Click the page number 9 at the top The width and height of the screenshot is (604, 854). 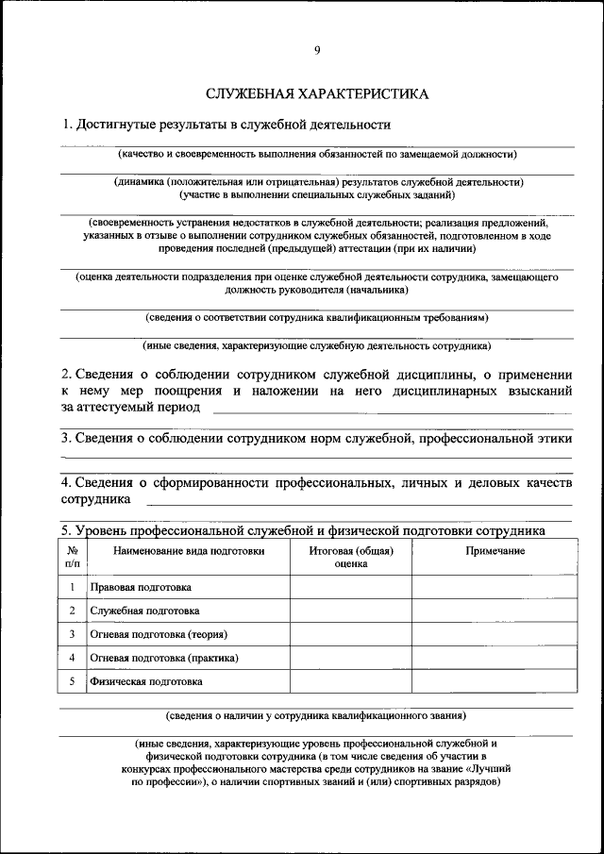[x=316, y=52]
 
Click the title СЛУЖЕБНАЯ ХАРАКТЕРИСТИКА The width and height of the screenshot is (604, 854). [x=316, y=94]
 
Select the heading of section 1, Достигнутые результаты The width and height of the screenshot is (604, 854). [x=226, y=125]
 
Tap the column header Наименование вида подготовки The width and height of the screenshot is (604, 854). [x=188, y=551]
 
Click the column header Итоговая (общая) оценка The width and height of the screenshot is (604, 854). [x=350, y=557]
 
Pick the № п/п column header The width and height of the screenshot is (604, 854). [x=72, y=557]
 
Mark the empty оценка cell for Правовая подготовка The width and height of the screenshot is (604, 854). [x=350, y=586]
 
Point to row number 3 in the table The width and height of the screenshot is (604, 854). [x=72, y=634]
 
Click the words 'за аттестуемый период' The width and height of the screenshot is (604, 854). [x=130, y=407]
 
